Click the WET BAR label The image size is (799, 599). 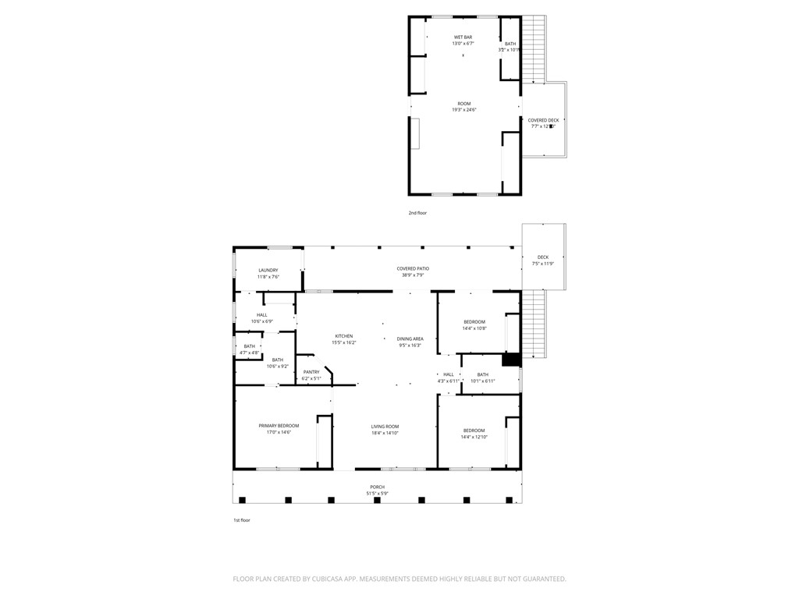click(x=463, y=37)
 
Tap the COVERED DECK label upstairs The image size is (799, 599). click(x=543, y=120)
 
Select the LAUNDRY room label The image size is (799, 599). click(x=268, y=270)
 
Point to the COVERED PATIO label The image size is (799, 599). click(x=413, y=268)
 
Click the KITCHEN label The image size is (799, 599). click(x=344, y=336)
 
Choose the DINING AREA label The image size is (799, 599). click(x=410, y=338)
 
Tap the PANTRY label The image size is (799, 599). click(x=311, y=372)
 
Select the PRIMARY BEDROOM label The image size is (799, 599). click(x=279, y=426)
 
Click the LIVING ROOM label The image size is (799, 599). click(x=385, y=427)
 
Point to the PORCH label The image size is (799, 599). click(x=377, y=487)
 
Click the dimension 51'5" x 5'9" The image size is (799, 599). click(x=377, y=494)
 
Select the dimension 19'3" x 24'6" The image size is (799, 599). click(x=464, y=110)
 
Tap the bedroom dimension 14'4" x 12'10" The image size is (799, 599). click(x=474, y=438)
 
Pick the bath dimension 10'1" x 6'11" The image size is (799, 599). click(x=483, y=381)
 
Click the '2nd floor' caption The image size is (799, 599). click(x=417, y=213)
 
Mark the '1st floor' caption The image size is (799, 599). click(x=243, y=520)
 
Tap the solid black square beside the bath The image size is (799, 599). click(x=511, y=359)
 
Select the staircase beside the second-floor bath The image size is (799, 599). click(x=533, y=50)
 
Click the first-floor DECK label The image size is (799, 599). click(x=543, y=257)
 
